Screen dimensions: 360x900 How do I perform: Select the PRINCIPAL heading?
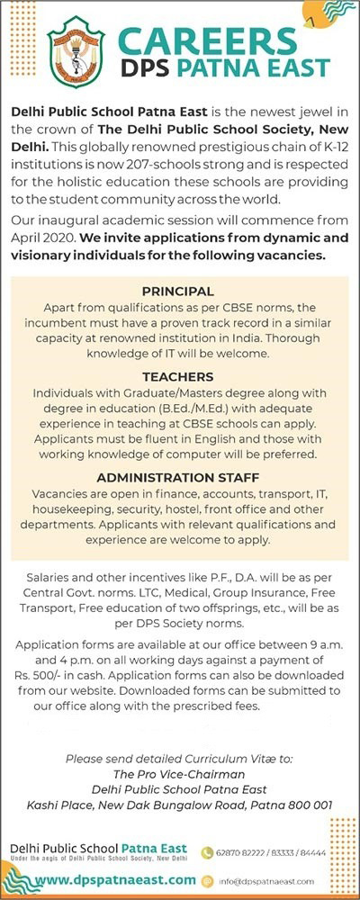click(178, 292)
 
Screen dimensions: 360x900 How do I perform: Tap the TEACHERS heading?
click(178, 377)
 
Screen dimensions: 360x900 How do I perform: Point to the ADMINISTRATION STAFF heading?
click(178, 477)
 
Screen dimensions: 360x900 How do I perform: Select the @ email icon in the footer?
click(206, 879)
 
